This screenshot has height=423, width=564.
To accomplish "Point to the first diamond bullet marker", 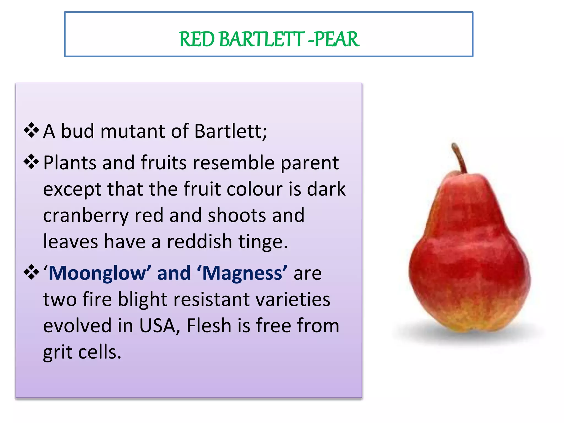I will (x=31, y=130).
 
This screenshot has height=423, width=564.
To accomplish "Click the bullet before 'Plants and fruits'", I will (x=31, y=162).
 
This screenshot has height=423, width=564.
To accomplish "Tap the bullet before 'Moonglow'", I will (x=31, y=272).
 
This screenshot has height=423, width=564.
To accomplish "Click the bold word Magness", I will (x=242, y=273).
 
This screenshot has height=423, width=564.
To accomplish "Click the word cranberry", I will (x=86, y=216).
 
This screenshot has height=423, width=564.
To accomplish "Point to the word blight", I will (x=143, y=300).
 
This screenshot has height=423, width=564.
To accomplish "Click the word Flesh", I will (x=209, y=326).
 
